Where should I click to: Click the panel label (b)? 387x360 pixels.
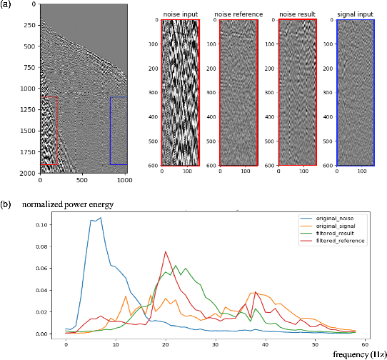click(6, 204)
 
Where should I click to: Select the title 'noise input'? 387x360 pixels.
click(180, 14)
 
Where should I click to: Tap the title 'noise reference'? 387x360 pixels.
click(238, 14)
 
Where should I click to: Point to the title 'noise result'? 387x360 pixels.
click(296, 14)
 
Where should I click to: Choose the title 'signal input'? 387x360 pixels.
click(354, 14)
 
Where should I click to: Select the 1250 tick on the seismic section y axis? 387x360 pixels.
click(29, 110)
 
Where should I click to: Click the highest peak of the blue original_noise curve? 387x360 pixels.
click(101, 218)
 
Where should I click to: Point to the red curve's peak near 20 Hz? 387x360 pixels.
click(166, 251)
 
